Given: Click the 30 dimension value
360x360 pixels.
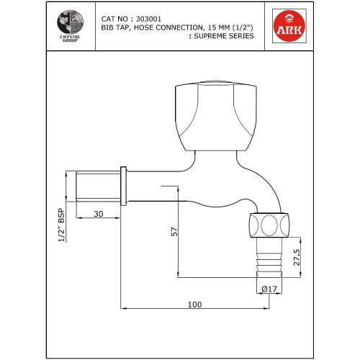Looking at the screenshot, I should [97, 214].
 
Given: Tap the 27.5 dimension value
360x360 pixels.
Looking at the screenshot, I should [295, 258].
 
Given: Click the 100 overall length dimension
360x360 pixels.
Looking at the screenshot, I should [194, 305].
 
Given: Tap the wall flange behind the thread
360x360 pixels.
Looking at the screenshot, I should [125, 186].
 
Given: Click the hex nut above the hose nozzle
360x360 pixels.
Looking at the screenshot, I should [269, 225].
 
